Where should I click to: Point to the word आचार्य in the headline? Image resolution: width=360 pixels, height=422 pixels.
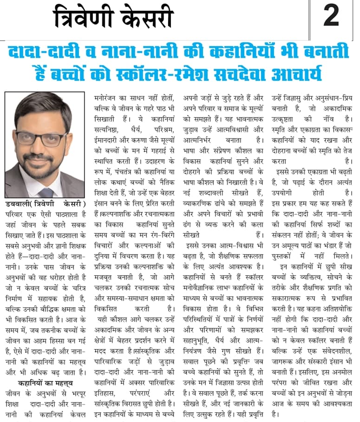302,74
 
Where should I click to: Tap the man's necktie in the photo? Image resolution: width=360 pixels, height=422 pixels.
46,192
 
